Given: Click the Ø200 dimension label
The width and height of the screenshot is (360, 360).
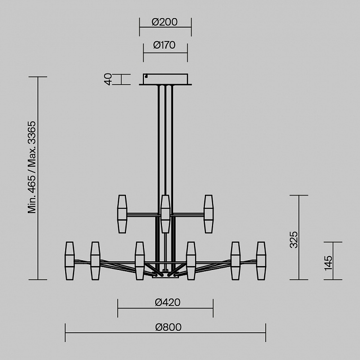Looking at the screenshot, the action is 164,22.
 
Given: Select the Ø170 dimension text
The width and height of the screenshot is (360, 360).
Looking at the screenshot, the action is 164,45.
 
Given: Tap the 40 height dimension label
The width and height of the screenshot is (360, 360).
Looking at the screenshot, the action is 108,79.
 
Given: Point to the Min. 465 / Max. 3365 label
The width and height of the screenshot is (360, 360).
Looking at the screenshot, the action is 32,167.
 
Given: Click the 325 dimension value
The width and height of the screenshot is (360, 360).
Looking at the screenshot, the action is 294,240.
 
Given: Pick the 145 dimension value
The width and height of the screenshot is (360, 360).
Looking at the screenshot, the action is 328,263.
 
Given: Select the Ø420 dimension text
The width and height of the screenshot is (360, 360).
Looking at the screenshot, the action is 168,303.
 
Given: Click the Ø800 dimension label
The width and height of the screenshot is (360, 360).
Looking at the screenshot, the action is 168,327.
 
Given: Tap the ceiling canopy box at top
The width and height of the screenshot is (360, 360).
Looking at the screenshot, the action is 165,79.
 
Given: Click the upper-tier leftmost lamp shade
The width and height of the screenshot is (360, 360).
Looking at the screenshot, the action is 122,214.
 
